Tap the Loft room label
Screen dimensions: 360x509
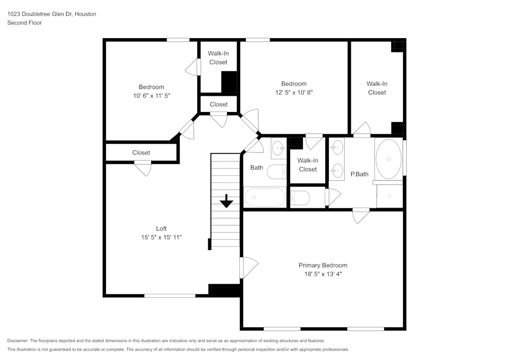pyautogui.click(x=161, y=229)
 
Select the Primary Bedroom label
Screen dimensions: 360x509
pyautogui.click(x=323, y=265)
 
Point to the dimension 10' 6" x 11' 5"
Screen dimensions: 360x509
pyautogui.click(x=151, y=95)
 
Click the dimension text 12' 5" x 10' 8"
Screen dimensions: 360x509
pyautogui.click(x=294, y=92)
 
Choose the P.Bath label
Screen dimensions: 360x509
pyautogui.click(x=359, y=174)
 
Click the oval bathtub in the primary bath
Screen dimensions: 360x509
pyautogui.click(x=389, y=159)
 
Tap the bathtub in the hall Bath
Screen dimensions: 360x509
pyautogui.click(x=265, y=197)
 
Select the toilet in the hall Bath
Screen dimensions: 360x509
pyautogui.click(x=278, y=172)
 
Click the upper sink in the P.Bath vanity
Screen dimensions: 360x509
pyautogui.click(x=336, y=148)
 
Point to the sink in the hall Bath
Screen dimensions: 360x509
pyautogui.click(x=279, y=149)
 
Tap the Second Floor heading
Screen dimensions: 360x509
pyautogui.click(x=24, y=23)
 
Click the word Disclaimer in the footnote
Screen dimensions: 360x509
pyautogui.click(x=18, y=341)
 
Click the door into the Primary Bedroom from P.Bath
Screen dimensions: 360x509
pyautogui.click(x=361, y=215)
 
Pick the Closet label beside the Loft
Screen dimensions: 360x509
pyautogui.click(x=141, y=153)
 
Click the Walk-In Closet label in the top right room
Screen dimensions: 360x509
pyautogui.click(x=377, y=88)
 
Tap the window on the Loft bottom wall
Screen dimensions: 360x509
pyautogui.click(x=169, y=295)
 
